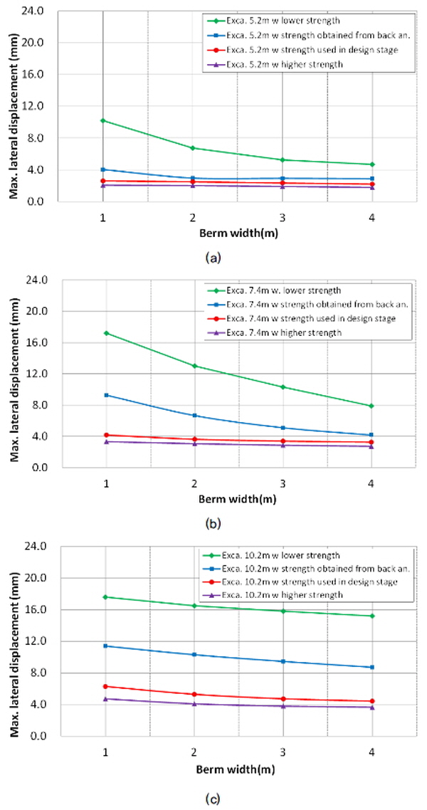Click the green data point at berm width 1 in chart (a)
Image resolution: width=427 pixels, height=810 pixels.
click(103, 120)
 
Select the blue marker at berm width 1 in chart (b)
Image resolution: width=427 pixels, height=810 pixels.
click(106, 395)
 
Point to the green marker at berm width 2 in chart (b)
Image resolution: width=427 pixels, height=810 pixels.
click(194, 366)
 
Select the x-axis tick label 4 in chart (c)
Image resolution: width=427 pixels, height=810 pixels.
click(371, 750)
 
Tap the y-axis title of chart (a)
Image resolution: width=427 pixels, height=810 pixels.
click(13, 107)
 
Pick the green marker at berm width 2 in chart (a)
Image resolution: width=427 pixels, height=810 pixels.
click(193, 148)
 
